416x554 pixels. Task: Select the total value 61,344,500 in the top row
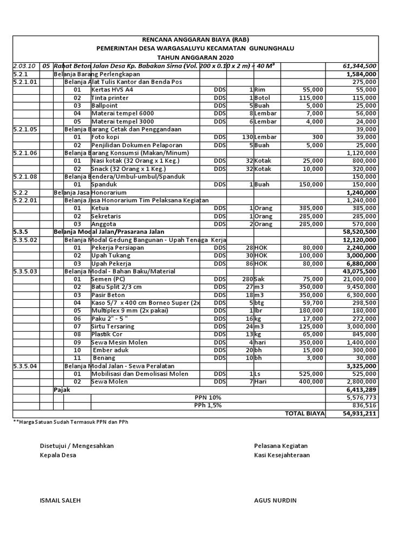coord(360,66)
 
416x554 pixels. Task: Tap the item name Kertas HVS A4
coord(112,89)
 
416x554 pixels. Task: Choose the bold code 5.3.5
coord(20,232)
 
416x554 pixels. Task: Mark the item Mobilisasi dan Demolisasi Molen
coord(140,374)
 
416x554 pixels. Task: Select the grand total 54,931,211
coord(360,413)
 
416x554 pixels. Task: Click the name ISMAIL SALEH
coord(60,500)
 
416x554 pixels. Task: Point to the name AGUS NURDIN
coord(275,500)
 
